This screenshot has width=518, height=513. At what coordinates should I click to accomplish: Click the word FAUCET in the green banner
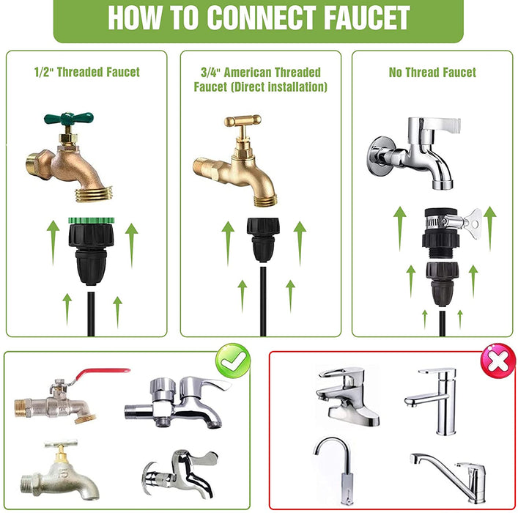tap(366, 18)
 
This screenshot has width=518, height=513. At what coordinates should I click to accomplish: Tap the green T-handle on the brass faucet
tap(69, 118)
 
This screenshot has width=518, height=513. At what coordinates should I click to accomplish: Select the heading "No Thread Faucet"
tap(432, 72)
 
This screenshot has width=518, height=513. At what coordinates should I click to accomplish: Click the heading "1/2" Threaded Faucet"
tap(87, 72)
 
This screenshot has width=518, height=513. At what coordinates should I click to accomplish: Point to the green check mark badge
tap(233, 361)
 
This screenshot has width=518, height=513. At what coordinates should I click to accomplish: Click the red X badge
tap(497, 360)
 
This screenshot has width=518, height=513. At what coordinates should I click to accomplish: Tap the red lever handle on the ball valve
tap(101, 374)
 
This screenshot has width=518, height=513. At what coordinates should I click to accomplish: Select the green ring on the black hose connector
tap(91, 221)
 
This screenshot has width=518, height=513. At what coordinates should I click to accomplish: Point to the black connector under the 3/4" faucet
tap(263, 240)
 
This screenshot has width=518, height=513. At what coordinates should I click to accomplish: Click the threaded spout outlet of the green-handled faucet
tap(94, 194)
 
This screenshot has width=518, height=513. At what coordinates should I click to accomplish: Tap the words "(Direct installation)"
tap(278, 87)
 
